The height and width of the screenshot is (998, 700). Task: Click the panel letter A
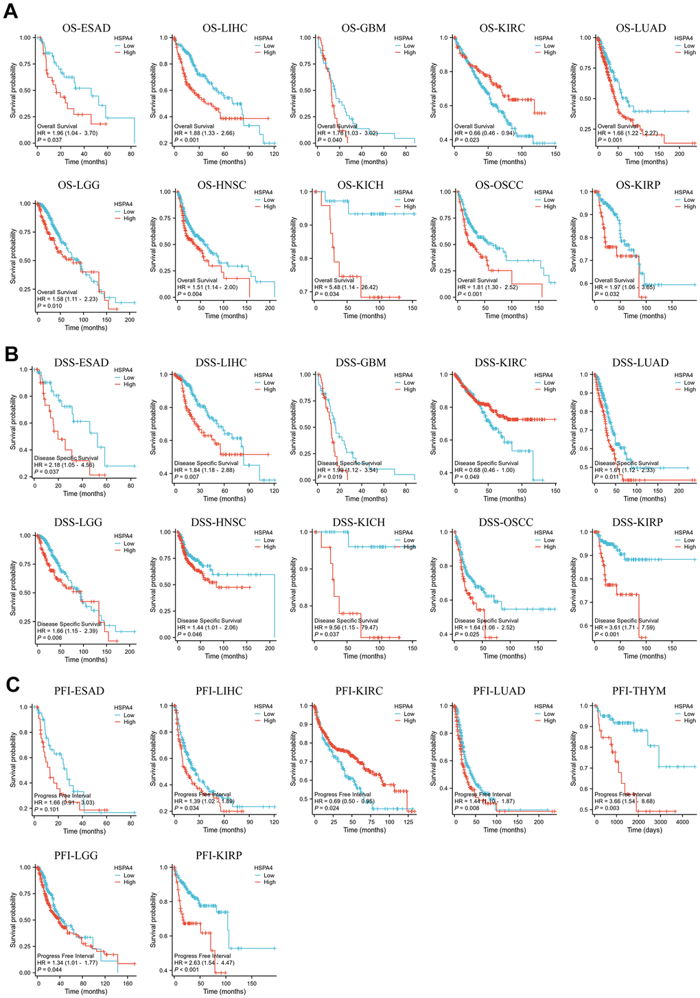pyautogui.click(x=10, y=13)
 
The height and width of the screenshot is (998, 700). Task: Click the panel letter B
pyautogui.click(x=10, y=354)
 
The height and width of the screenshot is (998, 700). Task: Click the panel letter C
pyautogui.click(x=10, y=683)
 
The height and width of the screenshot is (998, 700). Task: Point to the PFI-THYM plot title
pyautogui.click(x=639, y=691)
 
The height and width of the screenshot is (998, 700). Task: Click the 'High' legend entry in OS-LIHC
pyautogui.click(x=269, y=52)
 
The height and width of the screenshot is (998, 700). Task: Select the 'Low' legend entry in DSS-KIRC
pyautogui.click(x=549, y=383)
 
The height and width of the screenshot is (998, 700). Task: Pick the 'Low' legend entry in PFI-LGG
pyautogui.click(x=129, y=876)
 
